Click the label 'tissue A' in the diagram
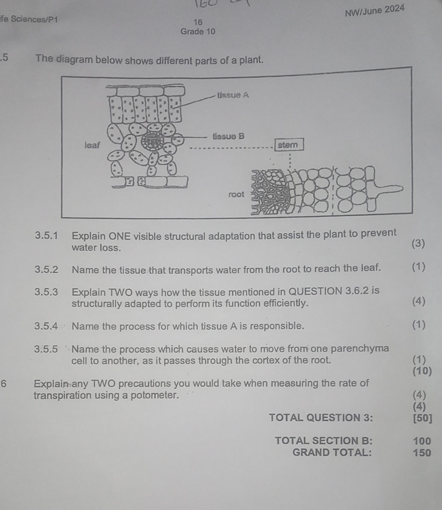[x=233, y=95]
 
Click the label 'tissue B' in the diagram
[x=229, y=137]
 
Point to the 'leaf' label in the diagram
[x=92, y=145]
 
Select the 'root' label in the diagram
[x=236, y=195]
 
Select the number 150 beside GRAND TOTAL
[x=422, y=453]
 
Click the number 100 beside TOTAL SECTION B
[x=422, y=441]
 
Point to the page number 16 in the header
[x=197, y=22]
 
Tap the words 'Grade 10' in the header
[x=198, y=32]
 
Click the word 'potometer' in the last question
[x=153, y=395]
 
